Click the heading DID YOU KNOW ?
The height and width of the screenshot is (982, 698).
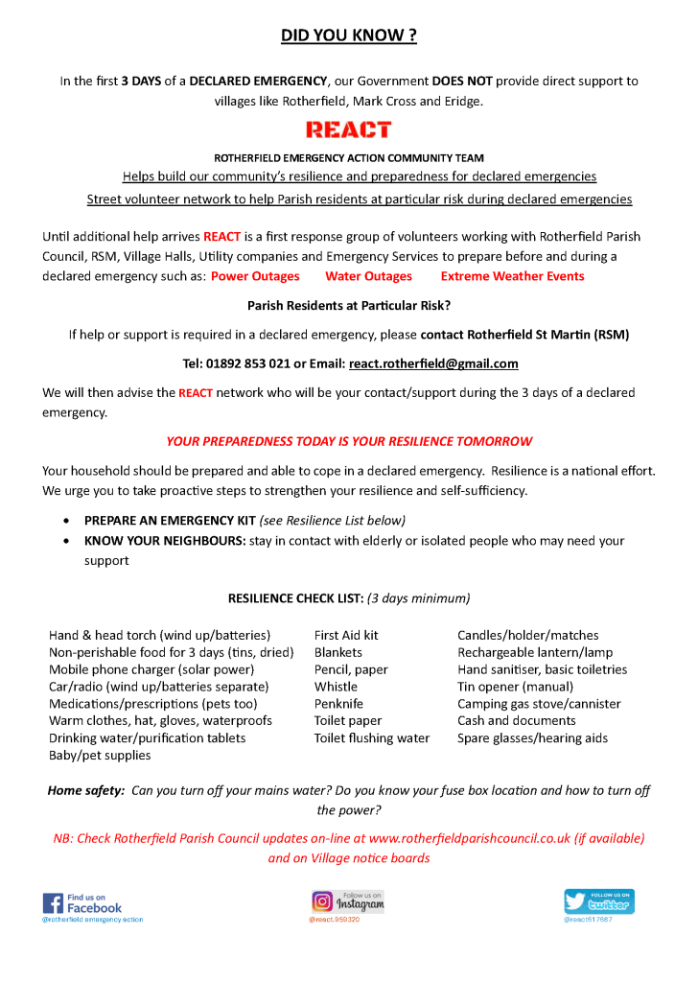[348, 36]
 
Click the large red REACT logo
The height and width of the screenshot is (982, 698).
[348, 129]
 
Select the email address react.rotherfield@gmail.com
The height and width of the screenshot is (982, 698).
[433, 363]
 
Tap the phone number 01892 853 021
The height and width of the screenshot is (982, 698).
[236, 363]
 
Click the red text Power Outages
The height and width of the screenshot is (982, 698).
[255, 276]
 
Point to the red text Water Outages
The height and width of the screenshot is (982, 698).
[368, 276]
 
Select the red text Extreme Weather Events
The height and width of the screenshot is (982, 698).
[512, 276]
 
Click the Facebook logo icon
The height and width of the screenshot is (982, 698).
[53, 903]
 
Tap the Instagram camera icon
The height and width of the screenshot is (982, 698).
[322, 901]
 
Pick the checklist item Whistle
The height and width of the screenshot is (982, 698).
[336, 687]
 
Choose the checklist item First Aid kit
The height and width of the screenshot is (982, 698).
[346, 635]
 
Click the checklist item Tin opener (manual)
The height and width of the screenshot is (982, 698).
[515, 687]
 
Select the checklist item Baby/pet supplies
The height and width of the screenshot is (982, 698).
[100, 756]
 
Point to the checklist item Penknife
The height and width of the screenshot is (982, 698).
[339, 704]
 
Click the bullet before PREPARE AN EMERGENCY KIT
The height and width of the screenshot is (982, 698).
[65, 521]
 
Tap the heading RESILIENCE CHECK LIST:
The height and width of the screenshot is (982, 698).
[295, 598]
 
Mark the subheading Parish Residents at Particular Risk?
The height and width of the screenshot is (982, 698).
[348, 306]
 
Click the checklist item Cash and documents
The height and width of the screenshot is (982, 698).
[516, 721]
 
